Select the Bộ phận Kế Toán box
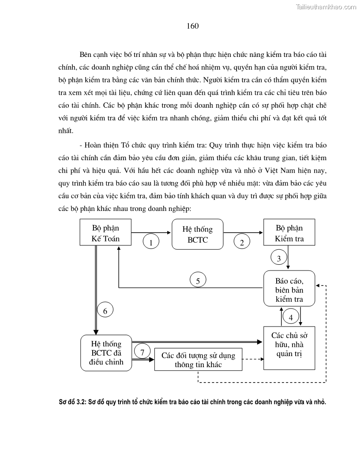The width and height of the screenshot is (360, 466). click(106, 233)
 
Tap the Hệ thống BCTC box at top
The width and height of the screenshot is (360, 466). click(197, 234)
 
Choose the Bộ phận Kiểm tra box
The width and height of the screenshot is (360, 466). click(289, 233)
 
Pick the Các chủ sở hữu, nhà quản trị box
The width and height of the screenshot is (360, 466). click(289, 348)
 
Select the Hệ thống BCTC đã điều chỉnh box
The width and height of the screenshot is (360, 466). click(106, 353)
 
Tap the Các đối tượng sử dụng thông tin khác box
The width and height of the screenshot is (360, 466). click(198, 360)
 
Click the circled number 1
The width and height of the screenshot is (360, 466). click(151, 242)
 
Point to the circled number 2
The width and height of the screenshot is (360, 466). click(242, 242)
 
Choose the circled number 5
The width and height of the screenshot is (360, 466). click(198, 280)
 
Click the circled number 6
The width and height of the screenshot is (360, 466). click(105, 310)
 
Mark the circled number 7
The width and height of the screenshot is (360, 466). click(142, 352)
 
